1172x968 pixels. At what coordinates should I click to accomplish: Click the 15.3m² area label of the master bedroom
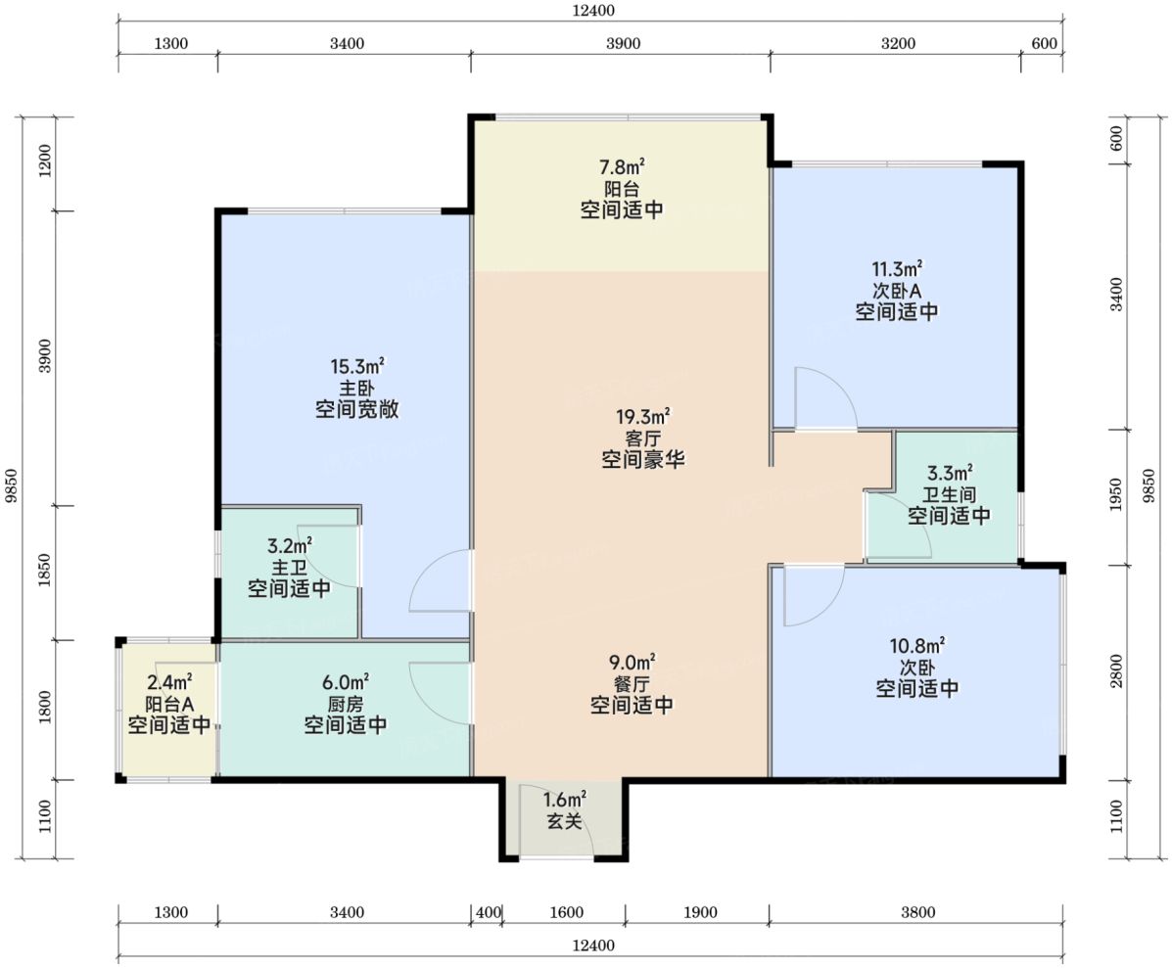[x=357, y=367]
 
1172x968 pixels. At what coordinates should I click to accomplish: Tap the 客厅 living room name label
[x=643, y=438]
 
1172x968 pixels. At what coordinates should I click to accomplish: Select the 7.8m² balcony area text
[x=622, y=166]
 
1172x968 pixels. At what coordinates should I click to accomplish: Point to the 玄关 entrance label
[x=564, y=821]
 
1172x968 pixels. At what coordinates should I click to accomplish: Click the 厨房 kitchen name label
[x=346, y=704]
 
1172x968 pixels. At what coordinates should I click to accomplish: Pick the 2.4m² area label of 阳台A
[x=169, y=682]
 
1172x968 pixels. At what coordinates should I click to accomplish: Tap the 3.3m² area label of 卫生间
[x=950, y=473]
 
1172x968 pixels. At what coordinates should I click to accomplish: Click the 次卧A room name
[x=896, y=290]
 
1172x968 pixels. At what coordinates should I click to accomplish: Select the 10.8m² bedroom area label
[x=917, y=645]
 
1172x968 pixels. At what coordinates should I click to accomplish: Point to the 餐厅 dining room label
[x=632, y=683]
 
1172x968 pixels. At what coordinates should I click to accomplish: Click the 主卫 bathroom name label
[x=289, y=567]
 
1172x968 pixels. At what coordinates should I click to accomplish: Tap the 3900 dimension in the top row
[x=623, y=43]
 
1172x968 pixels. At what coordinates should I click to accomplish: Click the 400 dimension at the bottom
[x=488, y=912]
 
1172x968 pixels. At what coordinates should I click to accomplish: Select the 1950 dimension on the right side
[x=1116, y=495]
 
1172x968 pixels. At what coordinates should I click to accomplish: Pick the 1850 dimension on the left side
[x=45, y=570]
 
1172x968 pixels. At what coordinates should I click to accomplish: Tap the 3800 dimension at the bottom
[x=917, y=912]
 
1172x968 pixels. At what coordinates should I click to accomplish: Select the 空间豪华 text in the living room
[x=643, y=459]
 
